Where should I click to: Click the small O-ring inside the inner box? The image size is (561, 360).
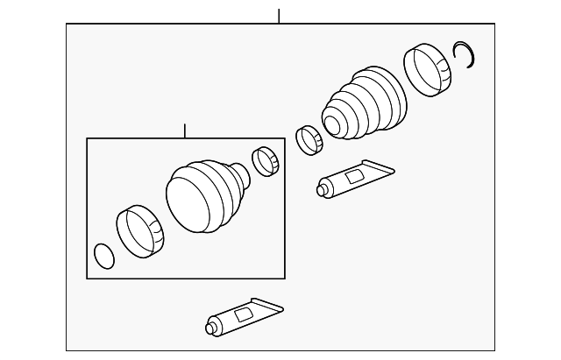pos(103,255)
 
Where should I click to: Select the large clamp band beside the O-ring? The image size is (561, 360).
pos(140,229)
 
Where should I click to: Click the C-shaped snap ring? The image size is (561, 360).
pos(467,54)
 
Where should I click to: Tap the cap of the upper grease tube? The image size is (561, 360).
pos(323,187)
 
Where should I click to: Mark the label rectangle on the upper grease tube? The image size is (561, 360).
pos(354,176)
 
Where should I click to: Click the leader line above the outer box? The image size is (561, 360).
pos(278,16)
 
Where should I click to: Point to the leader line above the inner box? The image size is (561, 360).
pos(185,131)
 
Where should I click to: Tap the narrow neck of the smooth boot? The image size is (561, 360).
pos(245,176)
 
